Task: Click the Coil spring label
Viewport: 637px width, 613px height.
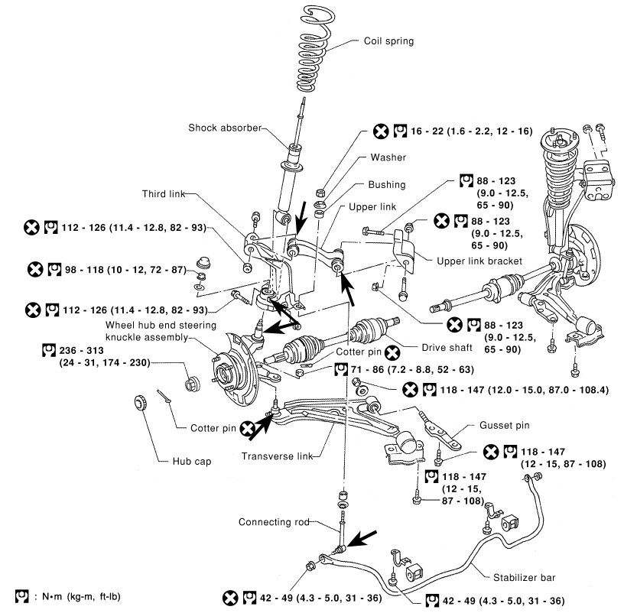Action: [x=388, y=41]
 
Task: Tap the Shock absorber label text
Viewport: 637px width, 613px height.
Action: [x=225, y=128]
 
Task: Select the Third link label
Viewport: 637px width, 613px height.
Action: [x=164, y=193]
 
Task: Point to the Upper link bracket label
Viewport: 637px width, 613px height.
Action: [x=479, y=261]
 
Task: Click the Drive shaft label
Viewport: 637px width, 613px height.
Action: [x=447, y=348]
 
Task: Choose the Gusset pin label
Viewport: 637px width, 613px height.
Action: [x=505, y=425]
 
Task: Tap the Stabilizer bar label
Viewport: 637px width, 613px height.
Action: [x=524, y=577]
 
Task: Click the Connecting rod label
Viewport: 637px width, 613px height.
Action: [x=274, y=521]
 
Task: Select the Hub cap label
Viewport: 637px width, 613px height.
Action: [x=192, y=462]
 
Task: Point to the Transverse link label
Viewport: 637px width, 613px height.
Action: [x=277, y=456]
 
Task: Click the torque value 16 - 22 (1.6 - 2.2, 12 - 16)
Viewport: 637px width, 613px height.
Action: [x=471, y=131]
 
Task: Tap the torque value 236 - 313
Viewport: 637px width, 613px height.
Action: [x=81, y=350]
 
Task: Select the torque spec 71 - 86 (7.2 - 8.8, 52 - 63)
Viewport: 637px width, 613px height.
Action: [x=412, y=369]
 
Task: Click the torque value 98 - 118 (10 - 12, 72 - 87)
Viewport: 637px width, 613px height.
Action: [x=125, y=270]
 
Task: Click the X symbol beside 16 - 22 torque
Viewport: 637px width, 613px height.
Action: [x=381, y=131]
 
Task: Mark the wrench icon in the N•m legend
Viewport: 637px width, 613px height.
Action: [x=22, y=596]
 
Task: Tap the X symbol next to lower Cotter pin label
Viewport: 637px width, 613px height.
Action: [x=248, y=428]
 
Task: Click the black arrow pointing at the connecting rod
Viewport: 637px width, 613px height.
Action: [x=362, y=539]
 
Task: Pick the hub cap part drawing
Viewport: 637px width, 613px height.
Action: [x=141, y=402]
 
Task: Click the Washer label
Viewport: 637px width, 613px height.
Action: [x=388, y=157]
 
